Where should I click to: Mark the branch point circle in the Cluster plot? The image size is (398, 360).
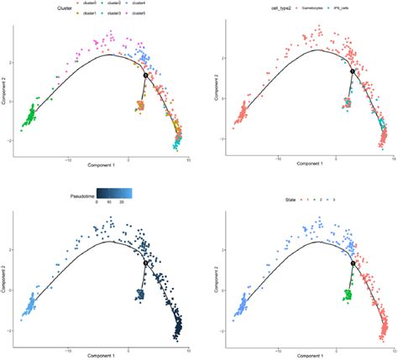pyautogui.click(x=145, y=75)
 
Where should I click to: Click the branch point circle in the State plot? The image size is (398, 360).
pyautogui.click(x=353, y=263)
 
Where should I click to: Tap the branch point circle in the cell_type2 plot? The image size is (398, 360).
pyautogui.click(x=353, y=74)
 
